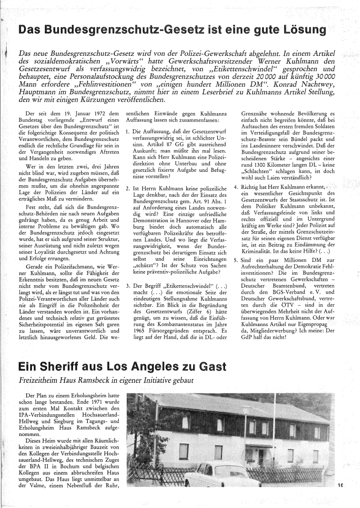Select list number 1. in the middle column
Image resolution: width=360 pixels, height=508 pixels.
pyautogui.click(x=128, y=132)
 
